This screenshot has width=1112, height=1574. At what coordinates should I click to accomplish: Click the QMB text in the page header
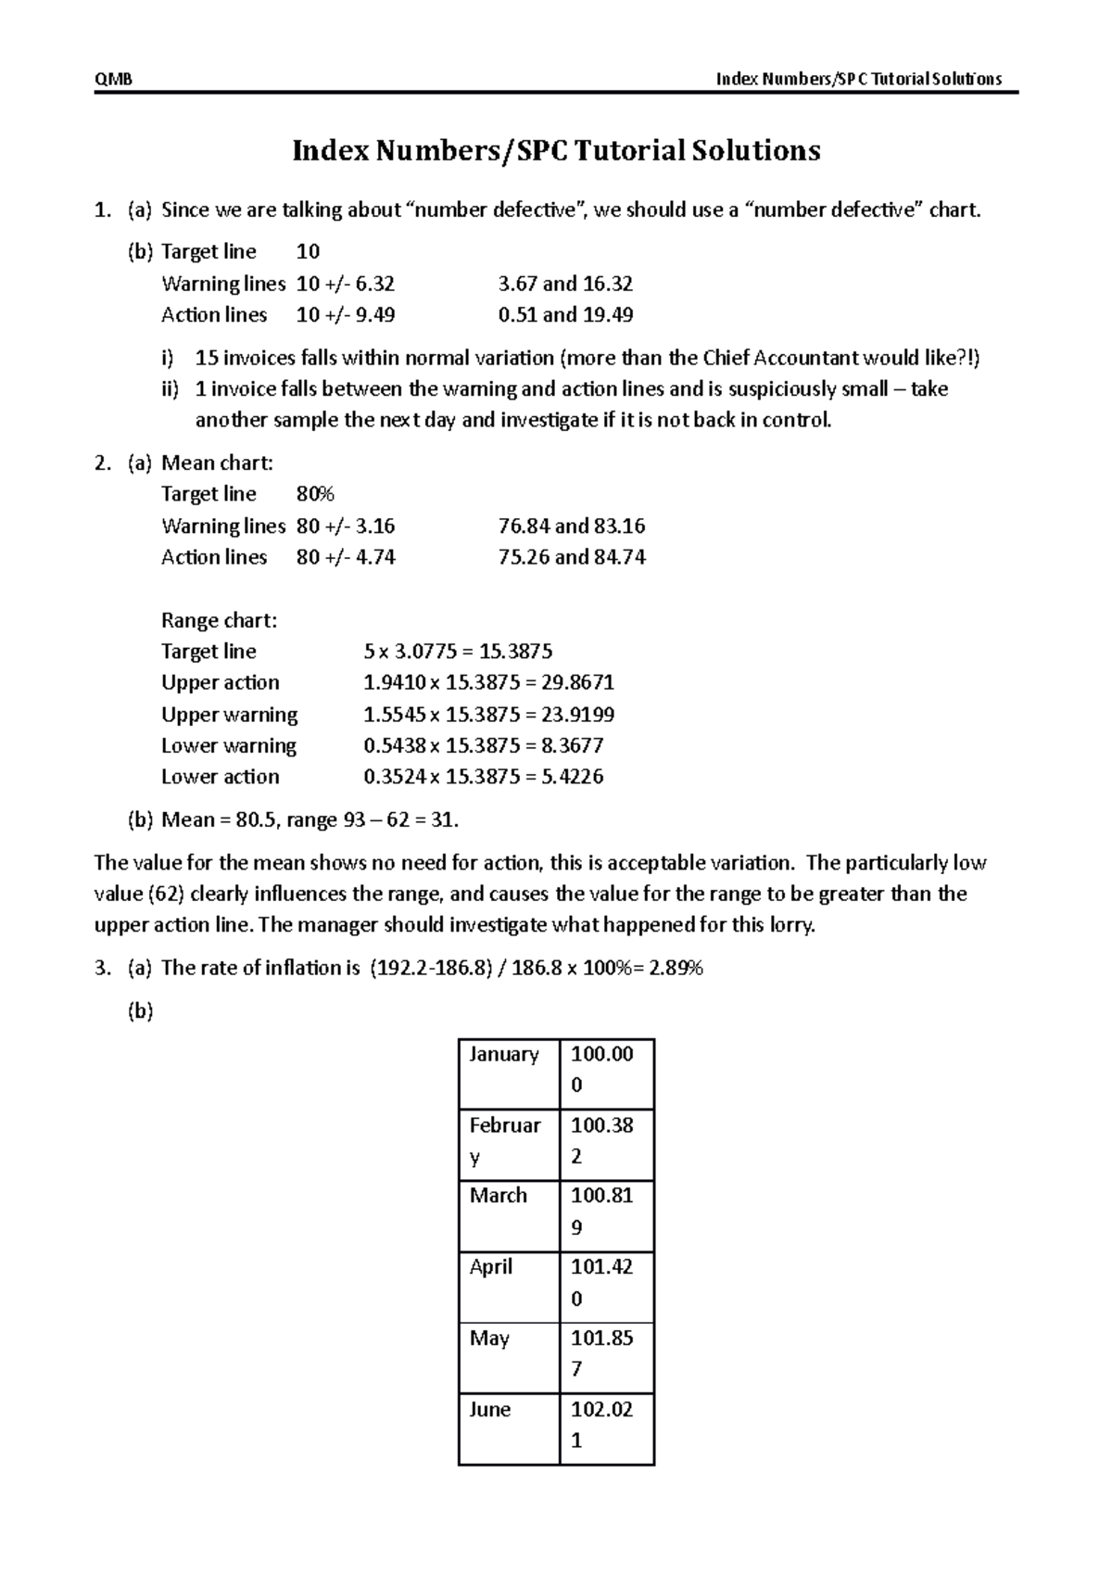click(113, 79)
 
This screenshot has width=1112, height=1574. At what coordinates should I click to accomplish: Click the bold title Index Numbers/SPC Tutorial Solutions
click(556, 150)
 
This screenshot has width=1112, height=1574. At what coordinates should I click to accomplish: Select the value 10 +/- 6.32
click(345, 284)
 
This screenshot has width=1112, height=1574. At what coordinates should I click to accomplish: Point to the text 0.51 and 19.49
click(565, 315)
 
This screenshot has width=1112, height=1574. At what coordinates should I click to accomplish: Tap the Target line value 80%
click(314, 494)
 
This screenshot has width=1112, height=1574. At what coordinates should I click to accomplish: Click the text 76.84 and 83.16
click(571, 527)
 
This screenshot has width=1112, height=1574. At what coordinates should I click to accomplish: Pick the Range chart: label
click(219, 620)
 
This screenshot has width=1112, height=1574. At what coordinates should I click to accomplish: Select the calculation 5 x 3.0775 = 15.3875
click(458, 652)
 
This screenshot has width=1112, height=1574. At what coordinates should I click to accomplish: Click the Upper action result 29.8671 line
click(488, 683)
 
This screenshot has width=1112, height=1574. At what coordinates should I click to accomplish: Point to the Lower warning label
click(228, 746)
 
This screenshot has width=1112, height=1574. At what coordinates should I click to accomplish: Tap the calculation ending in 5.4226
click(483, 777)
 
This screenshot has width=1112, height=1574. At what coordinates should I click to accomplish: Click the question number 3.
click(102, 969)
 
